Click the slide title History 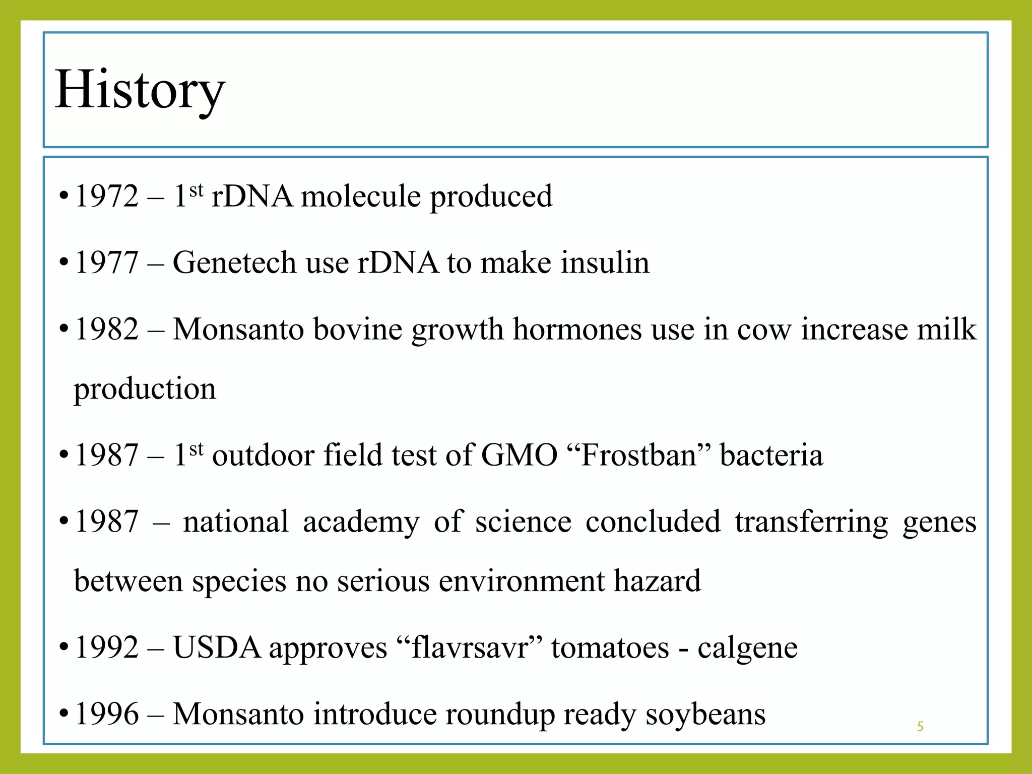click(x=140, y=91)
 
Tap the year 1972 click(x=106, y=196)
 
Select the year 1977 click(x=106, y=263)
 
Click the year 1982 click(x=106, y=329)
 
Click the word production click(x=145, y=390)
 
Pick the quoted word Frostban click(x=639, y=455)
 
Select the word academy click(x=361, y=523)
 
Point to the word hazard click(x=657, y=581)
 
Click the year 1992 click(x=106, y=648)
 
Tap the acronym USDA click(x=217, y=648)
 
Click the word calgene click(x=747, y=649)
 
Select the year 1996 click(x=106, y=714)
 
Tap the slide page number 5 click(x=920, y=726)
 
